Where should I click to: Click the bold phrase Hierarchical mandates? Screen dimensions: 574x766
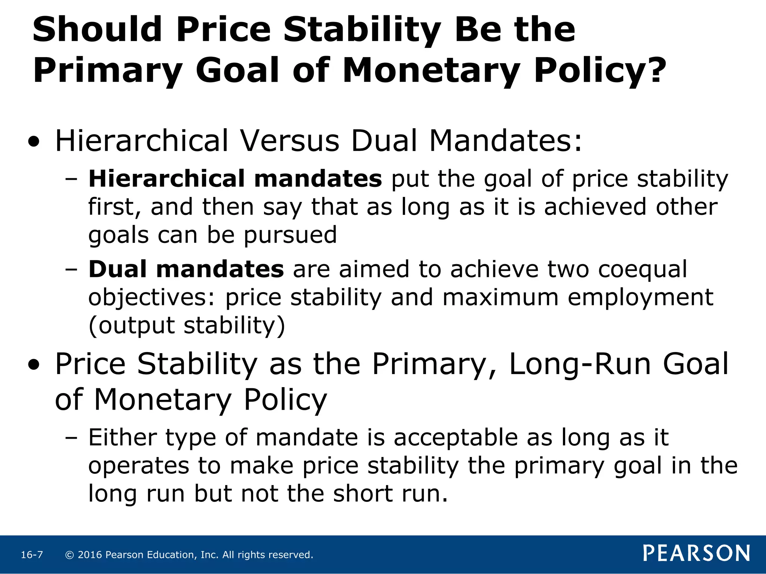[x=235, y=179]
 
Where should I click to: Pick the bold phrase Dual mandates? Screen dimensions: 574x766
[x=186, y=269]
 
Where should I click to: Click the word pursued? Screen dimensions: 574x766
[x=291, y=235]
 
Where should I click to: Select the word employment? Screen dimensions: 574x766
[x=640, y=297]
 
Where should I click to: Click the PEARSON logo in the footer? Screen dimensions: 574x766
[x=696, y=553]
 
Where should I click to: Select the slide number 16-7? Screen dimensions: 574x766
[x=32, y=555]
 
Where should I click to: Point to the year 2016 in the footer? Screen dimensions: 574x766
[x=90, y=555]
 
